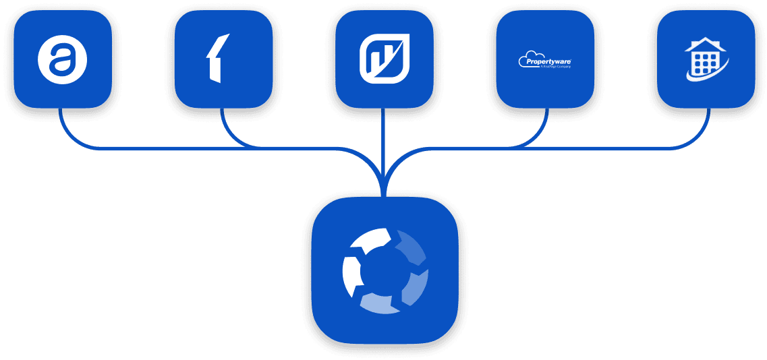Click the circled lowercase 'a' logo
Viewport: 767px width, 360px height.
[63, 59]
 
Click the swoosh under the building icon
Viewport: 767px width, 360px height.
[708, 73]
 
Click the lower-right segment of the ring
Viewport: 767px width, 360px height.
[416, 287]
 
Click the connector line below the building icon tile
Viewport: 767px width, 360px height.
[708, 125]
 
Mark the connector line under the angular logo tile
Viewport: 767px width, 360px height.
[222, 121]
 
